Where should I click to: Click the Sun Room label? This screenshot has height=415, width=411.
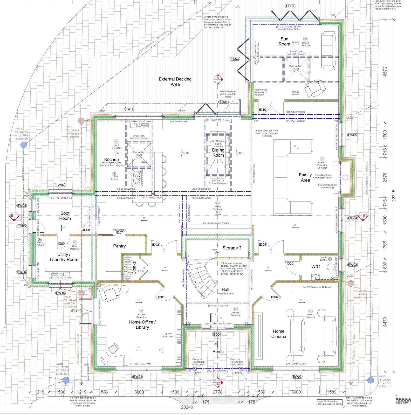point(284,41)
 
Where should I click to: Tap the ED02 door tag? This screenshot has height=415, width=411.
point(290,6)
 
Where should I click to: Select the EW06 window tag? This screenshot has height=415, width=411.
point(130,109)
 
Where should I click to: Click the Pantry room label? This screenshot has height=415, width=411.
point(119,246)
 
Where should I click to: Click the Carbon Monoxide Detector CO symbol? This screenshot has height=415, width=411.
point(322,158)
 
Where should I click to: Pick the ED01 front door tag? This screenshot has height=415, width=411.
point(217,334)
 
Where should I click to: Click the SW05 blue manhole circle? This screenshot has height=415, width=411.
point(371,380)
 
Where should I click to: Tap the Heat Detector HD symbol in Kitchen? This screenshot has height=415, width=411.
point(116,141)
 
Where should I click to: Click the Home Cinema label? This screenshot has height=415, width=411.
point(279,334)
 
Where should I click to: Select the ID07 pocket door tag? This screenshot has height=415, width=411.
point(120,233)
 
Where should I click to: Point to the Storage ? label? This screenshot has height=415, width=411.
point(232,248)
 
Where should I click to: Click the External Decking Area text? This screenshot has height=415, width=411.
point(175,82)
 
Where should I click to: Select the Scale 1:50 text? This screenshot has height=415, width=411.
point(401,403)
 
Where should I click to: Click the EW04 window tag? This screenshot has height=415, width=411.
point(352,218)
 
